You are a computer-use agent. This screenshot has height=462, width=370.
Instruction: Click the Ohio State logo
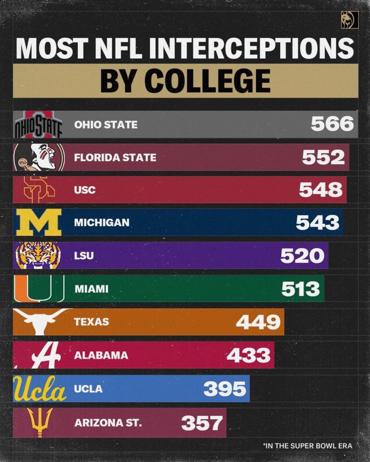[38, 125]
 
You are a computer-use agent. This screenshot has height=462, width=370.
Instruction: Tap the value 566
[332, 124]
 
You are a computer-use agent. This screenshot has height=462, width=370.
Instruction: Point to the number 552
[323, 157]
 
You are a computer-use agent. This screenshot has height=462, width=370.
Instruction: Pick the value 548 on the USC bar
[320, 190]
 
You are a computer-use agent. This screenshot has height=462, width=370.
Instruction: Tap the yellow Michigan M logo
[38, 222]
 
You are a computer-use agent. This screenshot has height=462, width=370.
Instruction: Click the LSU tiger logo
[38, 255]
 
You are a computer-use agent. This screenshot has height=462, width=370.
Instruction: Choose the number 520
[302, 256]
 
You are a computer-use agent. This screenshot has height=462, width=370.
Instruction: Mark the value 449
[258, 322]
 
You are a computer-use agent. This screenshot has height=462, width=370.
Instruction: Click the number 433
[249, 355]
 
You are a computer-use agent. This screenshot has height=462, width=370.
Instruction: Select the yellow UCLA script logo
[39, 388]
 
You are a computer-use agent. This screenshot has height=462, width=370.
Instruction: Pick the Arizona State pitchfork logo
[40, 422]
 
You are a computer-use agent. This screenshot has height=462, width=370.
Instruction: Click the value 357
[202, 423]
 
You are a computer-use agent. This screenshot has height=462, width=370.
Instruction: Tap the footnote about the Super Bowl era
[308, 446]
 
